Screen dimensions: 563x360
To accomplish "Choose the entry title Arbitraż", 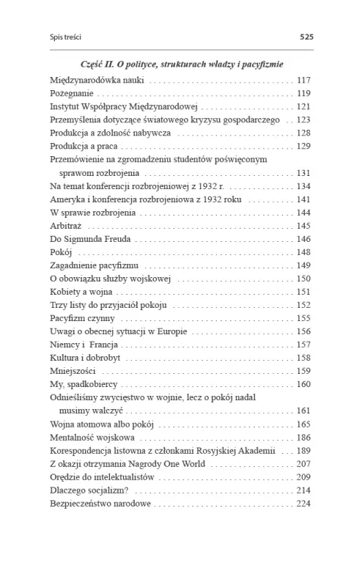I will tap(66, 225).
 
